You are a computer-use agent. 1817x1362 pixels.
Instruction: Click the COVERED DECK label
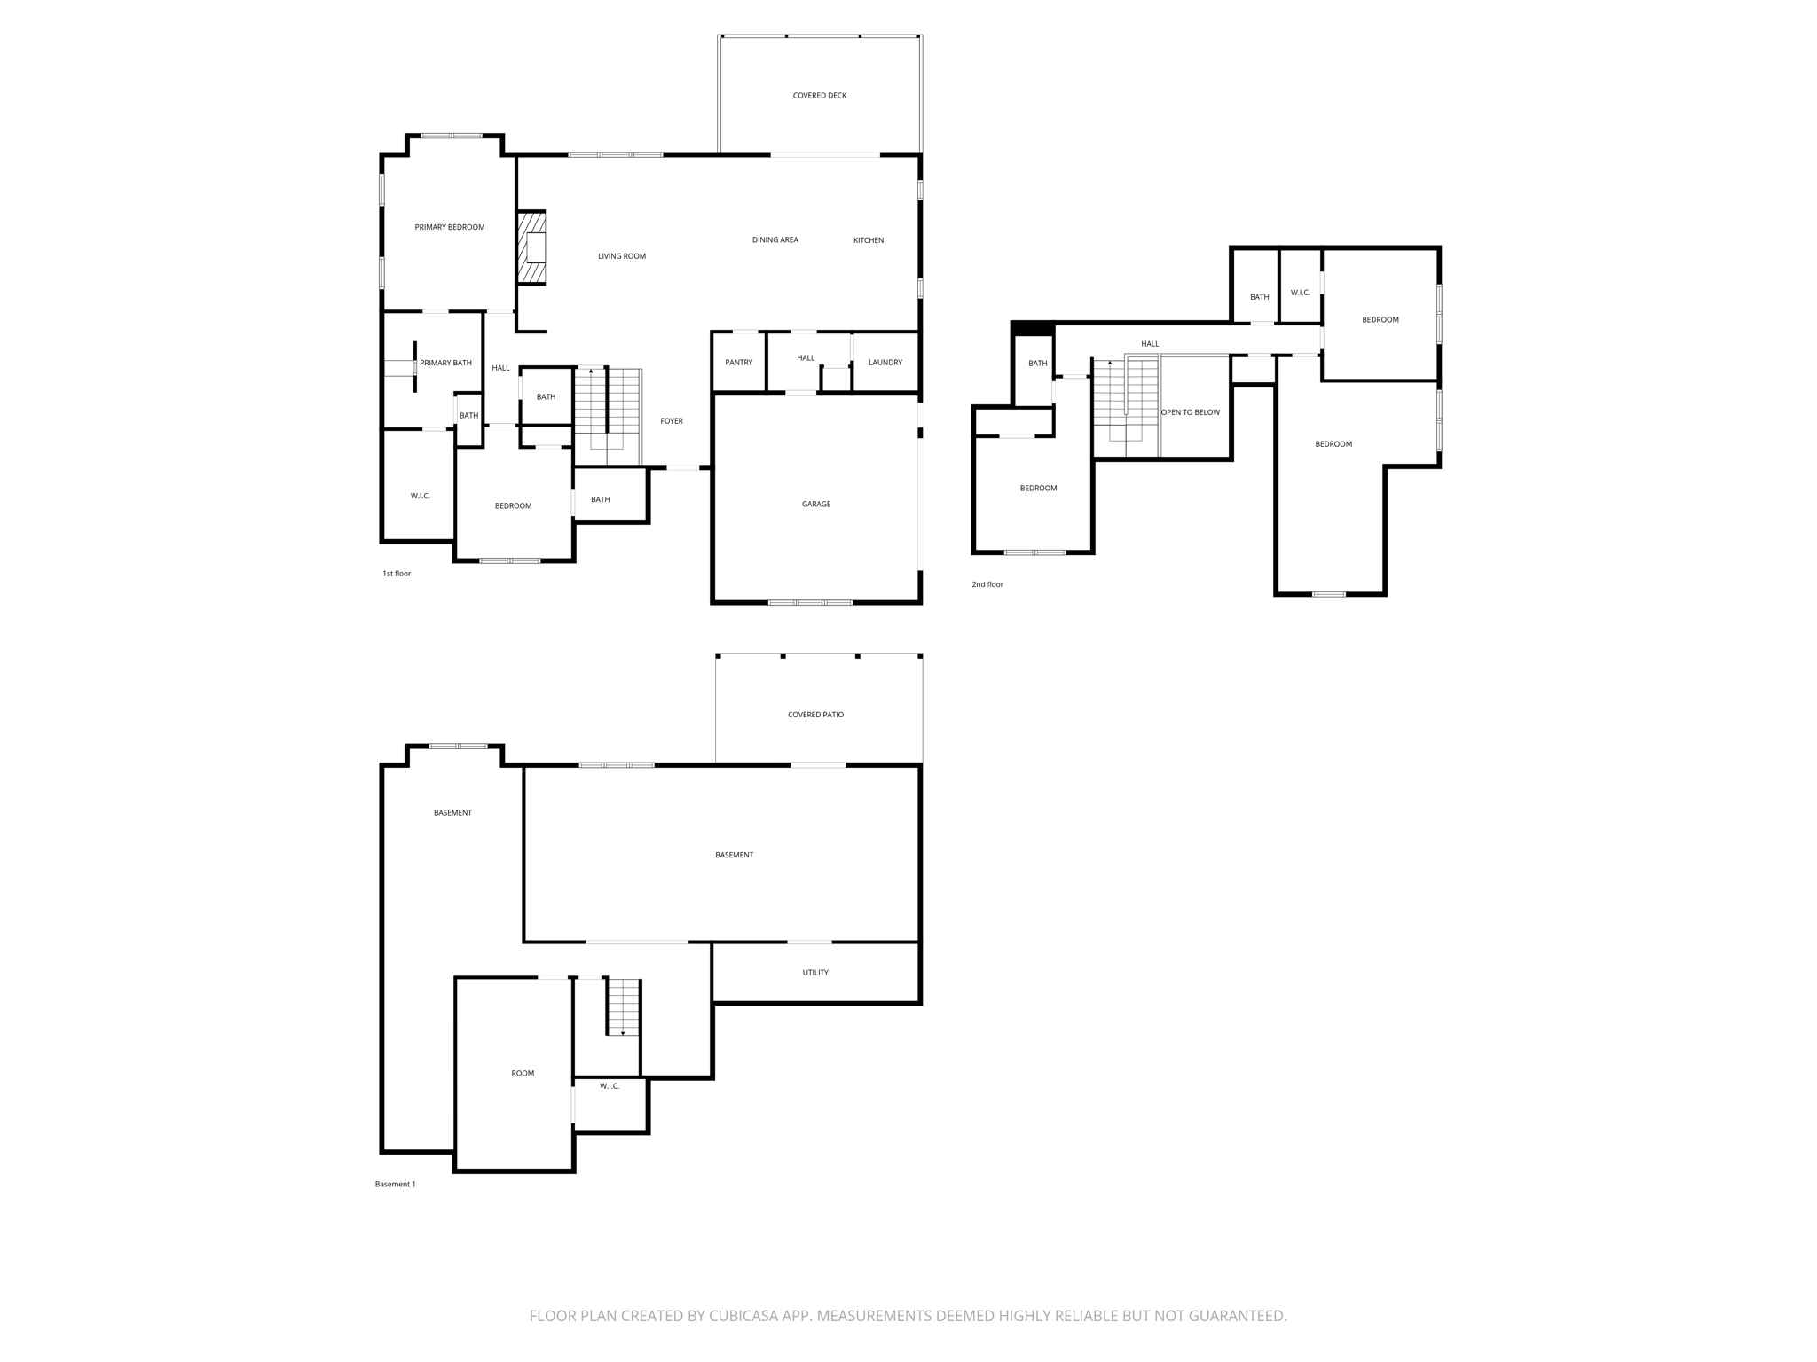819,96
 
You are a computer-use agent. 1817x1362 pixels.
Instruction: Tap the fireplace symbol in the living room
532,247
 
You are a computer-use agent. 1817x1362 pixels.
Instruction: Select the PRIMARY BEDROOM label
449,228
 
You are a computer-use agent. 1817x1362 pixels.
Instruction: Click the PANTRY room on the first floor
738,363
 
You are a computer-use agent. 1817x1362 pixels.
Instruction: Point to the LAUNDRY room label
885,363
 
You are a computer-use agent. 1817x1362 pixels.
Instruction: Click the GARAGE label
815,505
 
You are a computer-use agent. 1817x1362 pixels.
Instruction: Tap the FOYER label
671,421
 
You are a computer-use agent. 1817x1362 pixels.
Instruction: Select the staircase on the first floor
608,414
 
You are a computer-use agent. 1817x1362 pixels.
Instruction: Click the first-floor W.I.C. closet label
420,497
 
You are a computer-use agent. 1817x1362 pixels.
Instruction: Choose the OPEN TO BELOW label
1190,412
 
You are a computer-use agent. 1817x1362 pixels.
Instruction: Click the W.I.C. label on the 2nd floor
1300,293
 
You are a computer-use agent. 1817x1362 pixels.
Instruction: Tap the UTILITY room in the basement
814,973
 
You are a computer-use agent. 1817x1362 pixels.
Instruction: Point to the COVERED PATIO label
815,715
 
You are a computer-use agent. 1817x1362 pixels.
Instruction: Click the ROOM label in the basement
523,1074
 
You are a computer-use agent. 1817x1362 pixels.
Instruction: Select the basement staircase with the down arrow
623,1006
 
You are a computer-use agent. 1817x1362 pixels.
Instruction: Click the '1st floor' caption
397,574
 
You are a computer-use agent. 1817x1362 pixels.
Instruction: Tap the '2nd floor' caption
987,584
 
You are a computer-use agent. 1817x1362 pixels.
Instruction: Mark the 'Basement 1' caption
395,1185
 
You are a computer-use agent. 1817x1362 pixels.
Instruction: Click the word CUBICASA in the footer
743,1316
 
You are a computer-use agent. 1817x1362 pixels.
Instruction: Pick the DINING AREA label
775,240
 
